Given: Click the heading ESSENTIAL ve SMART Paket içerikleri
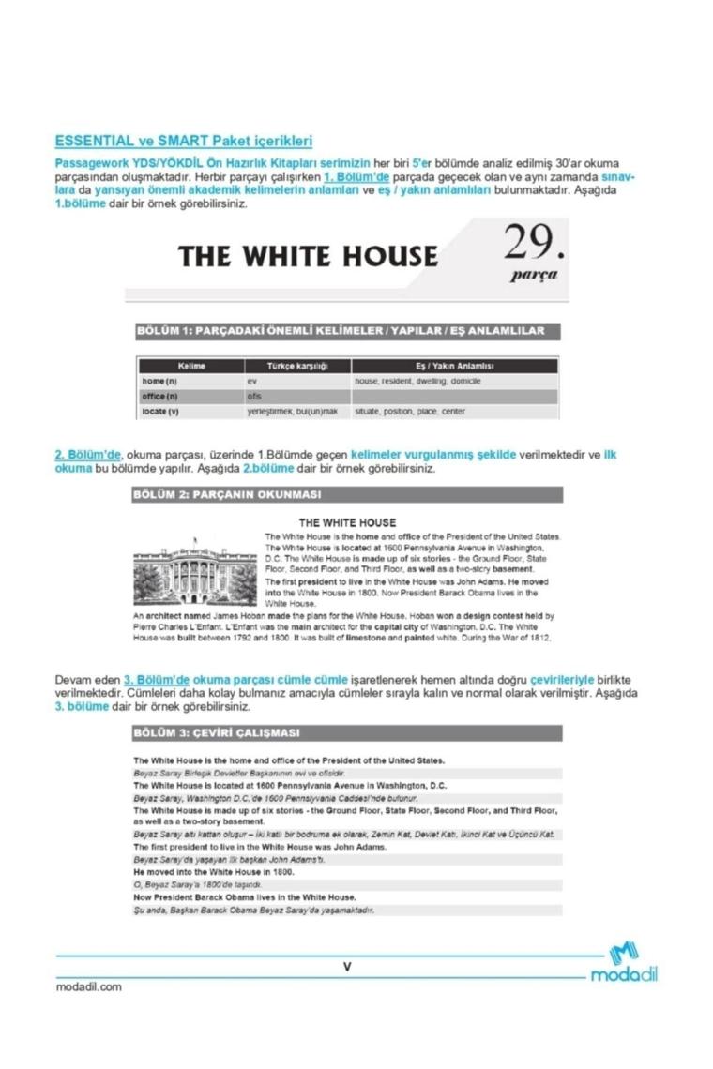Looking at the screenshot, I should (183, 142).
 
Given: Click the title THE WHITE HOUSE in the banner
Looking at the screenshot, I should (308, 256).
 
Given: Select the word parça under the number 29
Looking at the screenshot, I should (534, 276).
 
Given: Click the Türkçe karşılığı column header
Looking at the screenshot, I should (296, 366).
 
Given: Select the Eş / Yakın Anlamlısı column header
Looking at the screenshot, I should (454, 366).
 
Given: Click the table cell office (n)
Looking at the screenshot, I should (160, 397).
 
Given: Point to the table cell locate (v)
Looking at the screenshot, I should (160, 412).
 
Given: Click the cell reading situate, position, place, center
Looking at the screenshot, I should (410, 412).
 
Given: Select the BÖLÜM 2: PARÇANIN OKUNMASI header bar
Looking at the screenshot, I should (347, 494).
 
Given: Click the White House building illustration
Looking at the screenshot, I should (196, 569).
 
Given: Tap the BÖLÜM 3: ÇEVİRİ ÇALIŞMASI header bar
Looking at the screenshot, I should (347, 732).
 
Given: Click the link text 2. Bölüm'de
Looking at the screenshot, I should (88, 455).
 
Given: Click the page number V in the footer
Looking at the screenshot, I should (347, 966).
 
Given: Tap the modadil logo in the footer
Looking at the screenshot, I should (624, 965).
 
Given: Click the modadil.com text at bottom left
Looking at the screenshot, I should (88, 986).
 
